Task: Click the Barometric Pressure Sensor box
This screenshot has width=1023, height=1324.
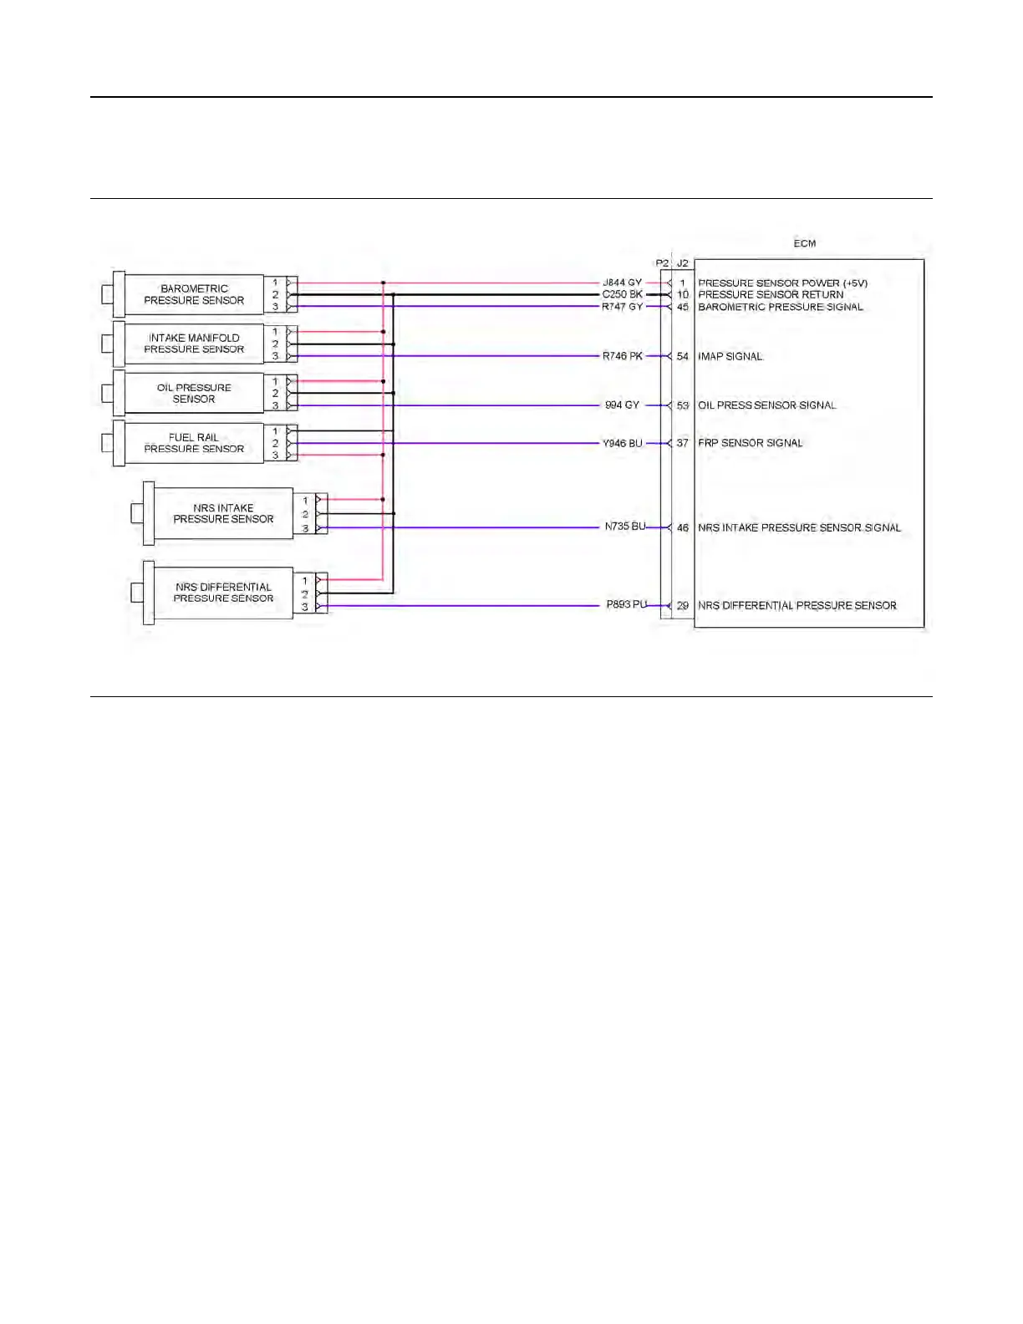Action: [194, 294]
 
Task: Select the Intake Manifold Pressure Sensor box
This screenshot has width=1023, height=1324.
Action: [194, 344]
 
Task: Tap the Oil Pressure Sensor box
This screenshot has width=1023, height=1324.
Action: [194, 393]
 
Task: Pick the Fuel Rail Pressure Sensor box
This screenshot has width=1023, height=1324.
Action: [194, 443]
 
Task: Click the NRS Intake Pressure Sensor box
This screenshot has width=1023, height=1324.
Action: [223, 513]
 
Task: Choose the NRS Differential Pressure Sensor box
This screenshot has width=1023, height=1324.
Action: [223, 593]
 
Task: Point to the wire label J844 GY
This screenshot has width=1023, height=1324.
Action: [623, 283]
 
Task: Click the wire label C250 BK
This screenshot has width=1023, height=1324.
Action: [623, 294]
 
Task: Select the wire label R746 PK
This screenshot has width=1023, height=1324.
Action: [623, 356]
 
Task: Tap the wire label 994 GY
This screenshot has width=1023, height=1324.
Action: [622, 405]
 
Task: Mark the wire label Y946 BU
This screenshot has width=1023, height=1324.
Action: [623, 443]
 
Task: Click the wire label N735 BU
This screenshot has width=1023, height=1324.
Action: [625, 527]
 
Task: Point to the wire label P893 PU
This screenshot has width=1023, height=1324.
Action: [627, 604]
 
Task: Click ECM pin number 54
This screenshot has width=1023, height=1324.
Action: [683, 356]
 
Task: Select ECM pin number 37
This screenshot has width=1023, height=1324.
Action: [683, 443]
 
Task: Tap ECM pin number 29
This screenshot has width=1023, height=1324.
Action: [683, 606]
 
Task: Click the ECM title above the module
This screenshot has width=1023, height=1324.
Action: [805, 243]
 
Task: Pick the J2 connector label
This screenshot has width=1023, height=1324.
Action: [683, 263]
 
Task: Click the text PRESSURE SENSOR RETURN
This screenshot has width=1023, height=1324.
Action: [771, 294]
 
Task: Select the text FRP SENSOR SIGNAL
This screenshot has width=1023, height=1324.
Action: [750, 443]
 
